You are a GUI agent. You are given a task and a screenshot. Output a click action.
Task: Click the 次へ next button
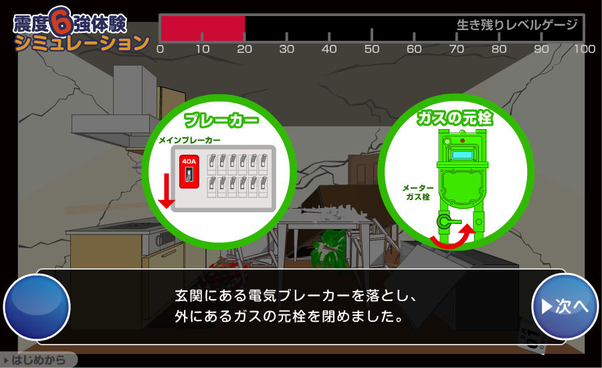tap(565, 306)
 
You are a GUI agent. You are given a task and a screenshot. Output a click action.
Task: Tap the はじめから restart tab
tap(38, 361)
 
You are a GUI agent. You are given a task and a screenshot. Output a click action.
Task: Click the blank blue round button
tap(37, 306)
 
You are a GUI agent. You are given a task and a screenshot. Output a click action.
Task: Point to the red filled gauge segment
tap(203, 29)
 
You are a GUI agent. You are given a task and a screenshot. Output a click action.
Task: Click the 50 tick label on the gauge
tap(372, 50)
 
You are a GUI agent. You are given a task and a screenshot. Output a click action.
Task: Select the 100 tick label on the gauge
tap(584, 50)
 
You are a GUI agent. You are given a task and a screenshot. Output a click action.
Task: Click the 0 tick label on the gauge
tap(160, 50)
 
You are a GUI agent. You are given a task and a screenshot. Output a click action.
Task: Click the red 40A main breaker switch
tap(189, 171)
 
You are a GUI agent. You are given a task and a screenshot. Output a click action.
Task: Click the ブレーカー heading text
tap(221, 121)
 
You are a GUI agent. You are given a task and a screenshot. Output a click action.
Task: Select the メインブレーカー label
tap(189, 141)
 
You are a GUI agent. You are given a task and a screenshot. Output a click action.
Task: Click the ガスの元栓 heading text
tap(455, 119)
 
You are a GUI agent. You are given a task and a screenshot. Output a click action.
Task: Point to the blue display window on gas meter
tap(462, 155)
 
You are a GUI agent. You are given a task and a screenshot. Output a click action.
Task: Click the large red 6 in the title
tap(60, 21)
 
